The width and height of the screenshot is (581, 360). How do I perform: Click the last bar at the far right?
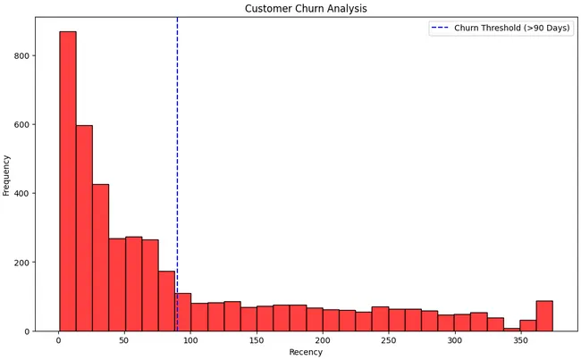click(544, 316)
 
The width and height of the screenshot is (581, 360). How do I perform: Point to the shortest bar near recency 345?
click(511, 330)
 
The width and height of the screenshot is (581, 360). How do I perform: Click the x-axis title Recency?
click(306, 352)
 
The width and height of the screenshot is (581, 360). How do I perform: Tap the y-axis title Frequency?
click(7, 174)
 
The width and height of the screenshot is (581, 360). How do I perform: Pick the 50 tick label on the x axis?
click(124, 340)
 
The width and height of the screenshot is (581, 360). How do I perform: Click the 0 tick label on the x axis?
click(59, 340)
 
